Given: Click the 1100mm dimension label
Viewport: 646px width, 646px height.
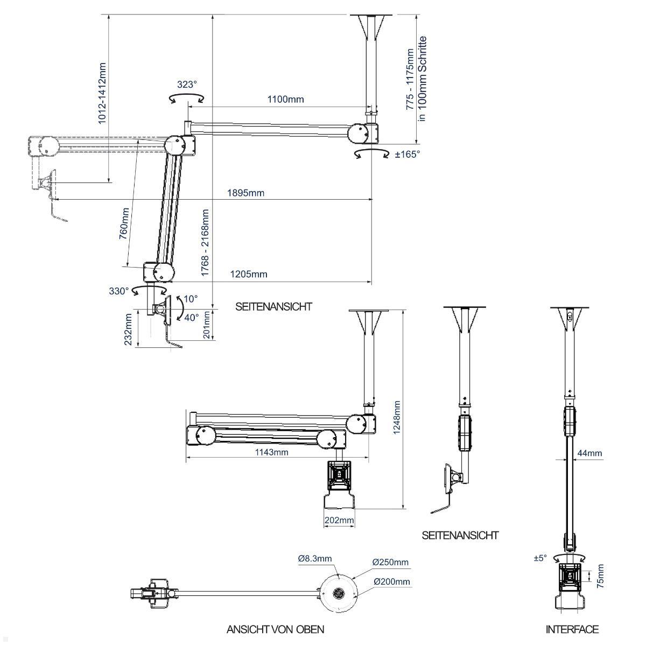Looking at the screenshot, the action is click(x=286, y=99).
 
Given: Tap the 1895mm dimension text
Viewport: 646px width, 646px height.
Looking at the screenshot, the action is click(x=245, y=193).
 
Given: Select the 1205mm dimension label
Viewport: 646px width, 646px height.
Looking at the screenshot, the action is click(x=249, y=274).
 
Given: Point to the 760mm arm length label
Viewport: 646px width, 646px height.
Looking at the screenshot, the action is click(x=124, y=223).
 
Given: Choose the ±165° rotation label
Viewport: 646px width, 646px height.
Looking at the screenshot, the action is click(x=408, y=154).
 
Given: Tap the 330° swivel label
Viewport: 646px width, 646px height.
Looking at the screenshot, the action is click(x=119, y=291).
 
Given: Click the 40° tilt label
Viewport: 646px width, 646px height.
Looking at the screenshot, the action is click(x=192, y=317).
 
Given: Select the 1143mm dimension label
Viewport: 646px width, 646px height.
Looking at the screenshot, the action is click(x=271, y=452).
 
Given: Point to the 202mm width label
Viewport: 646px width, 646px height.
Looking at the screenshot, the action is click(x=339, y=520).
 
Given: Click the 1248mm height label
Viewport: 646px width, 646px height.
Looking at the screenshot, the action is click(x=397, y=417).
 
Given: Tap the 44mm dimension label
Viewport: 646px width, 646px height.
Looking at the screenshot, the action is click(x=589, y=453).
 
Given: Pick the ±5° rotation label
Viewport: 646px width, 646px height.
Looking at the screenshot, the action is click(x=540, y=558).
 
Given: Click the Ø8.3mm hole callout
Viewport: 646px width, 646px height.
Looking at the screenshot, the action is click(x=315, y=558).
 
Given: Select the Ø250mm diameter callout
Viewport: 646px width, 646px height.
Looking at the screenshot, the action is click(x=390, y=562).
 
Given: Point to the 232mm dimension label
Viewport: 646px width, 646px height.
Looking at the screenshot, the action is click(x=129, y=329).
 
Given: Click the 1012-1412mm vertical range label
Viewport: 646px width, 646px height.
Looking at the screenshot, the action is click(x=102, y=93).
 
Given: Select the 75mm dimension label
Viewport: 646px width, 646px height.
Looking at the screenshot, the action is click(x=600, y=576).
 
